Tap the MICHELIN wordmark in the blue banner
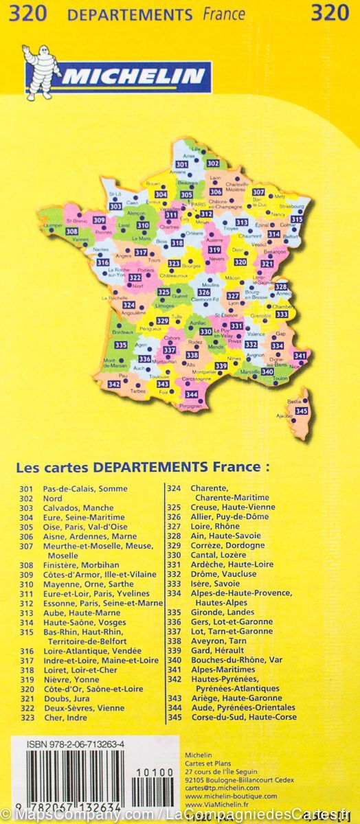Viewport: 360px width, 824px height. (133, 76)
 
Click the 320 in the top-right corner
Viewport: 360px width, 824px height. (330, 12)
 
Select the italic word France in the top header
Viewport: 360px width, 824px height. (224, 14)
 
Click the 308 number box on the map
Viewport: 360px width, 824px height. (71, 231)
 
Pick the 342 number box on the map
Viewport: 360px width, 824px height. (114, 385)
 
